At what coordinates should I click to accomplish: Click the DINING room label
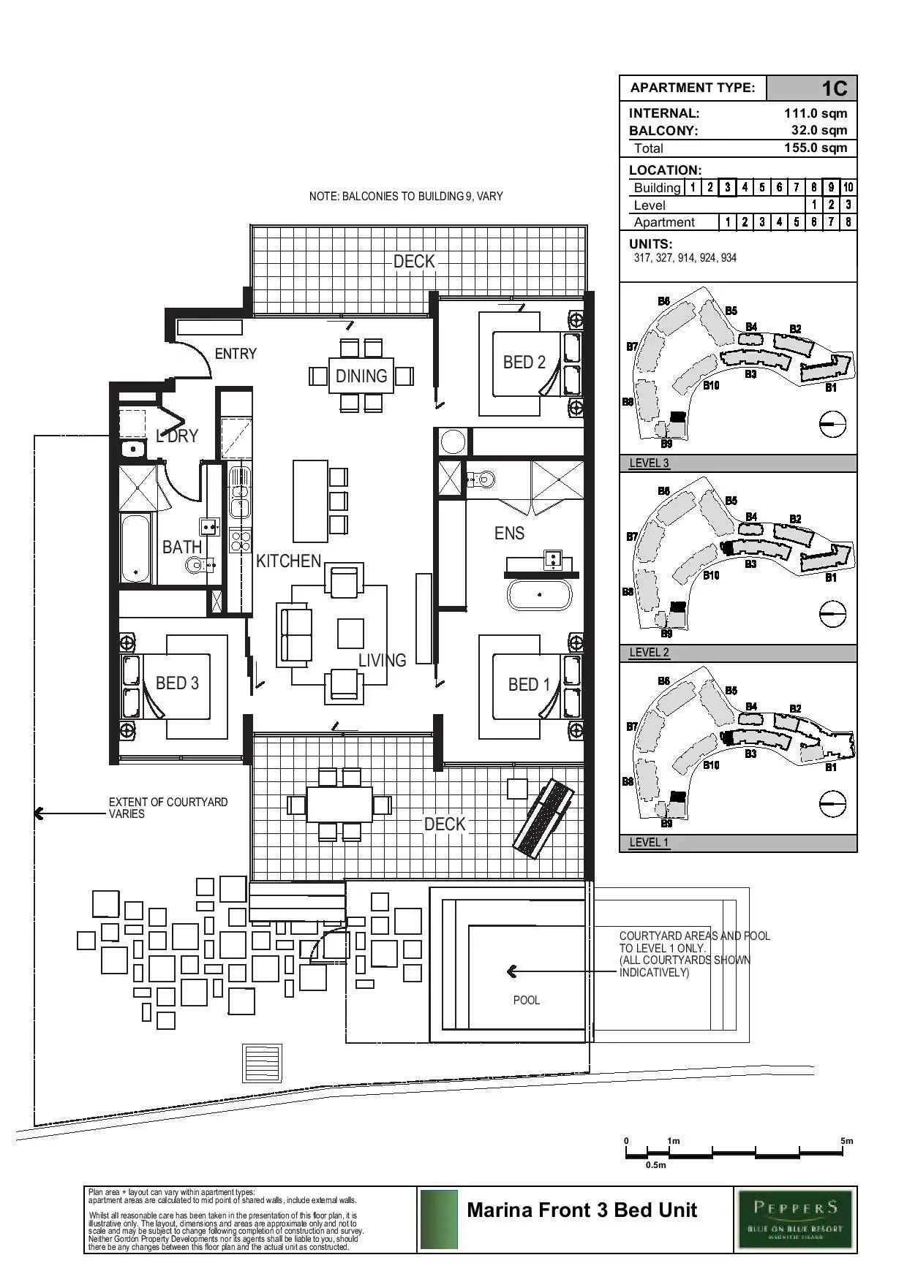[x=361, y=376]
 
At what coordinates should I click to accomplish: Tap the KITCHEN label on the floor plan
[x=288, y=561]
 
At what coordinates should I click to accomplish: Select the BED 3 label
[x=177, y=683]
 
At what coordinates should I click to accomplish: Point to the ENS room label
[x=509, y=533]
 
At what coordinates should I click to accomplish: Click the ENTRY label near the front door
[x=236, y=354]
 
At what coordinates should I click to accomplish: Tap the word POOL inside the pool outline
[x=526, y=1000]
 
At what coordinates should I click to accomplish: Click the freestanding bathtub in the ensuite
[x=539, y=595]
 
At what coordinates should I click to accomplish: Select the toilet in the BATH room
[x=196, y=564]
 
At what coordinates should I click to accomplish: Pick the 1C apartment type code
[x=834, y=88]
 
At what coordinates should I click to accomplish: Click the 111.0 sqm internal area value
[x=816, y=113]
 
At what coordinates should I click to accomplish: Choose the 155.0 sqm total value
[x=816, y=148]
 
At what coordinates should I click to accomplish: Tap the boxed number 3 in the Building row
[x=727, y=187]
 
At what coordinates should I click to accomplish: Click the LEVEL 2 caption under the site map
[x=649, y=653]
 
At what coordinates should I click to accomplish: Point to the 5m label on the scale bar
[x=846, y=1141]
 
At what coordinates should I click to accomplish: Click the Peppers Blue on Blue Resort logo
[x=795, y=1220]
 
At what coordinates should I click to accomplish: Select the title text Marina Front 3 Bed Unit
[x=582, y=1210]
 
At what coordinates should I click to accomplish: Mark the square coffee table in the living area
[x=350, y=634]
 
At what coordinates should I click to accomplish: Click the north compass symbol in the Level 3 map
[x=832, y=423]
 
